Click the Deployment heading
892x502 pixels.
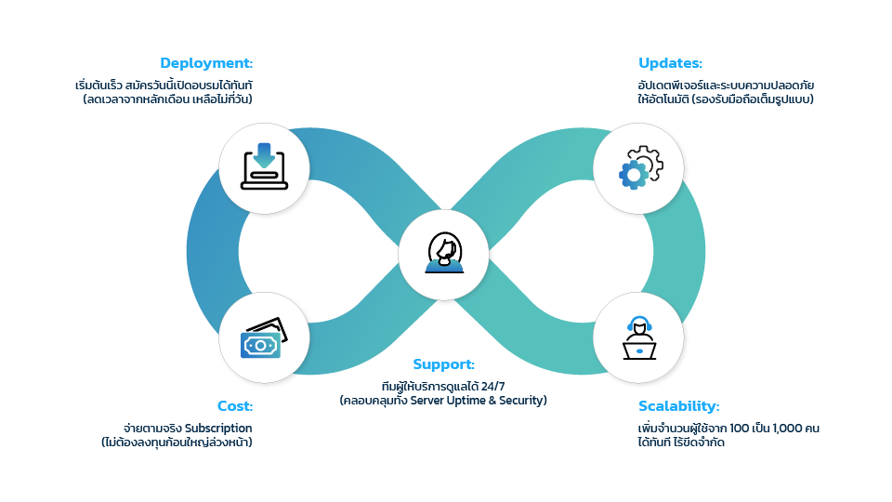click(206, 63)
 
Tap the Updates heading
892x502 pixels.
click(670, 63)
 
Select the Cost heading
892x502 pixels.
click(234, 406)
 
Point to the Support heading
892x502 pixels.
click(443, 364)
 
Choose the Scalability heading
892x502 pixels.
click(678, 406)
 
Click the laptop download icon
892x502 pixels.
click(264, 166)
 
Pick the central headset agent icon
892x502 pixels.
click(443, 253)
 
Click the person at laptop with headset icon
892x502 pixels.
click(639, 339)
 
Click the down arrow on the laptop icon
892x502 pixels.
click(264, 154)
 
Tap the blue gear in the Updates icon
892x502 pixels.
click(634, 173)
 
